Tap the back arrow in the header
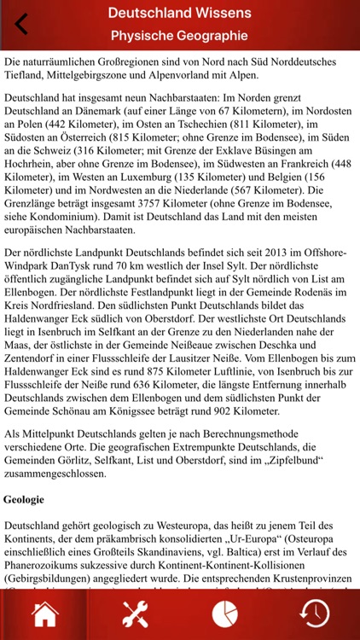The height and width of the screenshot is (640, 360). click(21, 24)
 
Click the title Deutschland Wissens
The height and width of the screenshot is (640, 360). click(179, 13)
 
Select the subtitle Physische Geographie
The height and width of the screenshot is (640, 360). click(179, 36)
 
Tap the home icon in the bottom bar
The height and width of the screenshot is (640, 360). click(45, 613)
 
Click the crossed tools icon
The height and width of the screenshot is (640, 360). click(135, 613)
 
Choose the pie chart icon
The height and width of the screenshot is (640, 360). click(224, 613)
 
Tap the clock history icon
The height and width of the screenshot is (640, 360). click(315, 613)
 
